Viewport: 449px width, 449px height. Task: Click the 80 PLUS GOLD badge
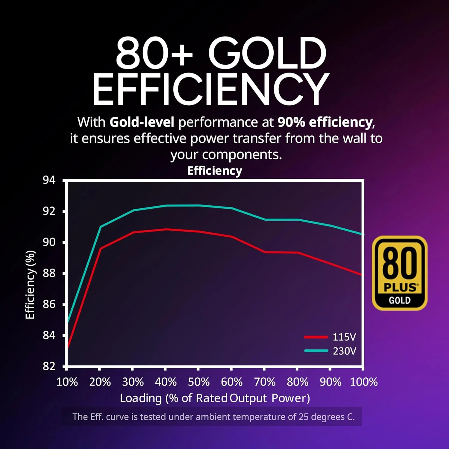(399, 273)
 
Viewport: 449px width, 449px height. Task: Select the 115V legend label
(344, 337)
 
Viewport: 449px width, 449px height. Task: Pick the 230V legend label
(344, 351)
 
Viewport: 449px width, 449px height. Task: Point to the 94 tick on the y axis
(49, 180)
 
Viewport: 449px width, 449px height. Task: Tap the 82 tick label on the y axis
(49, 366)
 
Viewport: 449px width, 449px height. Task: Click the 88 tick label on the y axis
(49, 273)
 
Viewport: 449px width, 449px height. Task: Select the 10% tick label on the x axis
(67, 382)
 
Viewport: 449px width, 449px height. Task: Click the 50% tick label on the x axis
(198, 382)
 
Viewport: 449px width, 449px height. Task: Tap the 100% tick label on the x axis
(364, 382)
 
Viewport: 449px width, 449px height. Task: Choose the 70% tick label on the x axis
(265, 382)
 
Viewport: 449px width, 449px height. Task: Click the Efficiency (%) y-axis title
(30, 285)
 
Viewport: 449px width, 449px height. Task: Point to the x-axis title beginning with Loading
(215, 398)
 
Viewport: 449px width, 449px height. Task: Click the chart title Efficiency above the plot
(215, 171)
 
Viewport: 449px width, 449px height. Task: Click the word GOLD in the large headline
(267, 53)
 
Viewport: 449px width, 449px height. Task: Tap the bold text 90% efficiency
(325, 122)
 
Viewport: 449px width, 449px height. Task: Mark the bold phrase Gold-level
(142, 122)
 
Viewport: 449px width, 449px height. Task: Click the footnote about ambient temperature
(213, 417)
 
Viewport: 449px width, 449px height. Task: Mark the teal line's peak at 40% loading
(166, 205)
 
